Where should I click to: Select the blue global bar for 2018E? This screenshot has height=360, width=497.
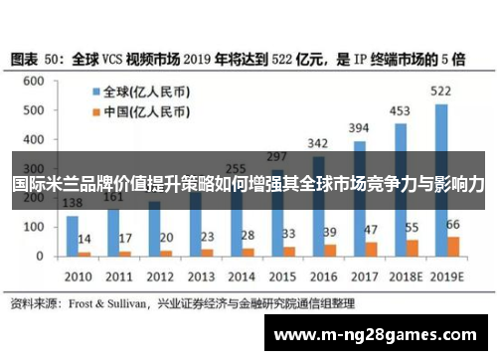pos(400,189)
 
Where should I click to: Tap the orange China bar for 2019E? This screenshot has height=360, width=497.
pos(453,246)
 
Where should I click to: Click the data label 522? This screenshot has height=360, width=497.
pos(441,91)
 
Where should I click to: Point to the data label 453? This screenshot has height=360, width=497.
pos(401,110)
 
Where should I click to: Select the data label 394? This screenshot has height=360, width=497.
pos(359,127)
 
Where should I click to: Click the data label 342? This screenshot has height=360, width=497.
pos(318,143)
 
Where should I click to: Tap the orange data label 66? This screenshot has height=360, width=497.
pos(453,224)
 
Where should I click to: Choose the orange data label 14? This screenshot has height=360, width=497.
pos(85,240)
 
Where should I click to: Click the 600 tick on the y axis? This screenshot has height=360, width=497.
pos(39,82)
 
